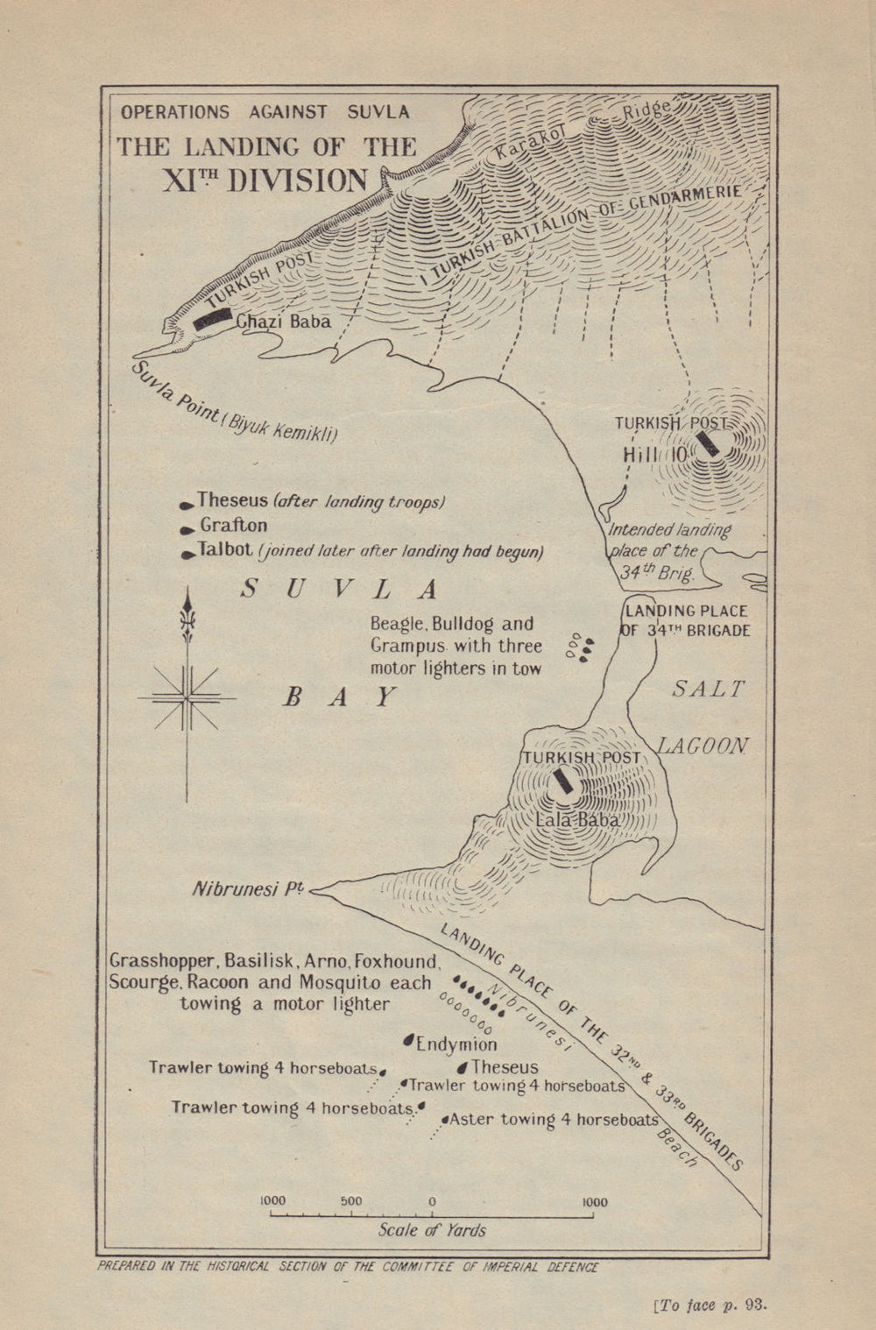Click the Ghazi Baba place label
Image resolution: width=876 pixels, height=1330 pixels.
[x=283, y=322]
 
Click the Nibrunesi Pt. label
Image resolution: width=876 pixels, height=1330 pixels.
[x=248, y=889]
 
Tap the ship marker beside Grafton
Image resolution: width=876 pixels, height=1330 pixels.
[x=187, y=530]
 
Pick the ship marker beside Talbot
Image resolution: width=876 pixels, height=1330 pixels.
[x=187, y=555]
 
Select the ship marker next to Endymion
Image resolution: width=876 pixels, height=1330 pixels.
[x=407, y=1040]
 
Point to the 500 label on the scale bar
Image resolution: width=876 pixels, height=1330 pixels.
[x=350, y=1201]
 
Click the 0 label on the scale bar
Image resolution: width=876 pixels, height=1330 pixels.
[x=432, y=1201]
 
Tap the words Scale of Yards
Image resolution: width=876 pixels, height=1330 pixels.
[x=432, y=1229]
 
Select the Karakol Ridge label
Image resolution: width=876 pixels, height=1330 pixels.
[x=583, y=131]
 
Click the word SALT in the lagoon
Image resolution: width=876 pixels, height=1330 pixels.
[x=708, y=690]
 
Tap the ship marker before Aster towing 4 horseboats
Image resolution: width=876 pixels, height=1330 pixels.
[x=445, y=1120]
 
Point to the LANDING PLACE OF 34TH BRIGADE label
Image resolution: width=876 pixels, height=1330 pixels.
[x=686, y=620]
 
